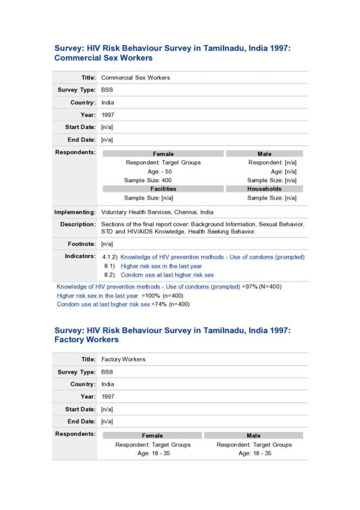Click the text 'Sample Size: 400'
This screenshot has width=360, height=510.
pos(148,180)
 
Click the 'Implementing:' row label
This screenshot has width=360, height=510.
pos(75,212)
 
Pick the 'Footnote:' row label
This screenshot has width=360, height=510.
pos(82,244)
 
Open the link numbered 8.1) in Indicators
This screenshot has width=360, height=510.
pos(161,266)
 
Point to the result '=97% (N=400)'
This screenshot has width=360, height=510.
pos(261,286)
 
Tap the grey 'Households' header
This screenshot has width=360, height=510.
pos(264,189)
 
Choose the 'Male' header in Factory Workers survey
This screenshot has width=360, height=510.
pos(253,435)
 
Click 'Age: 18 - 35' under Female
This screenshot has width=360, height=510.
pos(153,454)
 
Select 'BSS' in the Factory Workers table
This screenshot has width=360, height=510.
pos(107,372)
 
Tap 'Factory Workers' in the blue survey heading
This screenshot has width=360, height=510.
pos(87,340)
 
